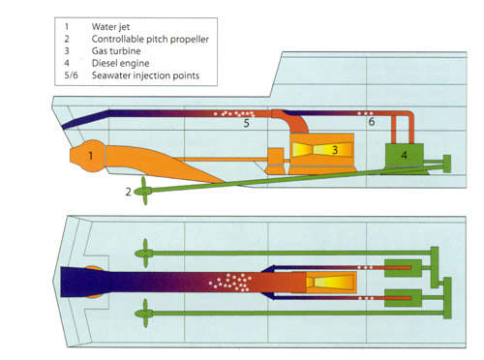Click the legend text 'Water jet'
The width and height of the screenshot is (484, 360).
click(110, 27)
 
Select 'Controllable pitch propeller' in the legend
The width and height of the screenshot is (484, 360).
click(150, 39)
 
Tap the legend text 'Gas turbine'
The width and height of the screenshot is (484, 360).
click(116, 51)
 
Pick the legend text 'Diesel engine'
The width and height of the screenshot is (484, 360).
click(120, 63)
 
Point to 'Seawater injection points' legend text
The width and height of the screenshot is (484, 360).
click(145, 75)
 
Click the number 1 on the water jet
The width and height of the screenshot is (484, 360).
click(91, 156)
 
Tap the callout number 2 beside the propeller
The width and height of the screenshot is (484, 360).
click(128, 192)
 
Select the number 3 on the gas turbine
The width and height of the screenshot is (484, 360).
click(335, 150)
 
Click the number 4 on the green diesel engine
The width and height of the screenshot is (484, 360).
click(404, 155)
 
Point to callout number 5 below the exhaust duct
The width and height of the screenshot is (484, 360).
click(246, 123)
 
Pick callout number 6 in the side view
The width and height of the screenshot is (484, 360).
click(372, 122)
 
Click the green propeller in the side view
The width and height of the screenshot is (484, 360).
click(143, 191)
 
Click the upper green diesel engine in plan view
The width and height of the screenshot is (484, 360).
click(403, 268)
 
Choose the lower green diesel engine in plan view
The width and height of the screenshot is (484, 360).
click(403, 298)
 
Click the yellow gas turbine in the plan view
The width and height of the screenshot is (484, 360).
click(331, 283)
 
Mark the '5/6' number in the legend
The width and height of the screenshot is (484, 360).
click(71, 75)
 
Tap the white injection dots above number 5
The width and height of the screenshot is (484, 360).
click(234, 113)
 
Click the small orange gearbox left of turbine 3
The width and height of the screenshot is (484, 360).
click(276, 161)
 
